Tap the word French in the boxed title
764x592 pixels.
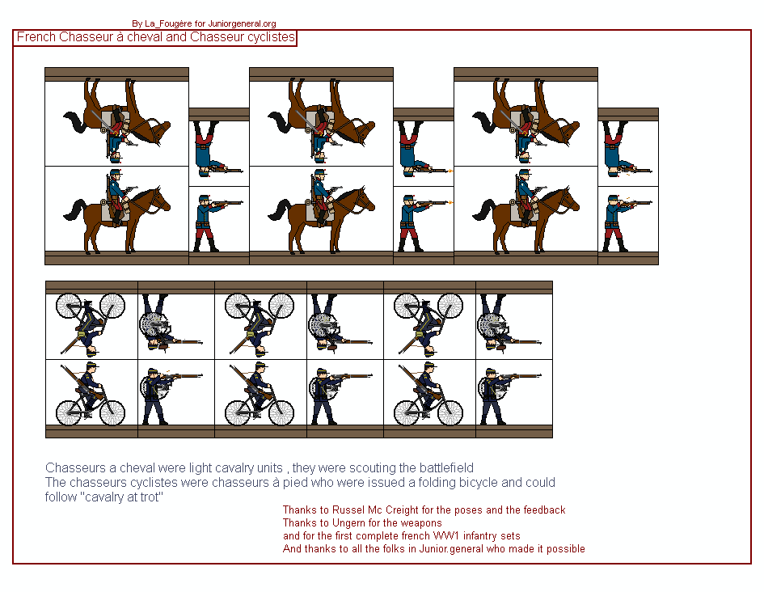(35, 37)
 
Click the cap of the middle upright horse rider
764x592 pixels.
(321, 173)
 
